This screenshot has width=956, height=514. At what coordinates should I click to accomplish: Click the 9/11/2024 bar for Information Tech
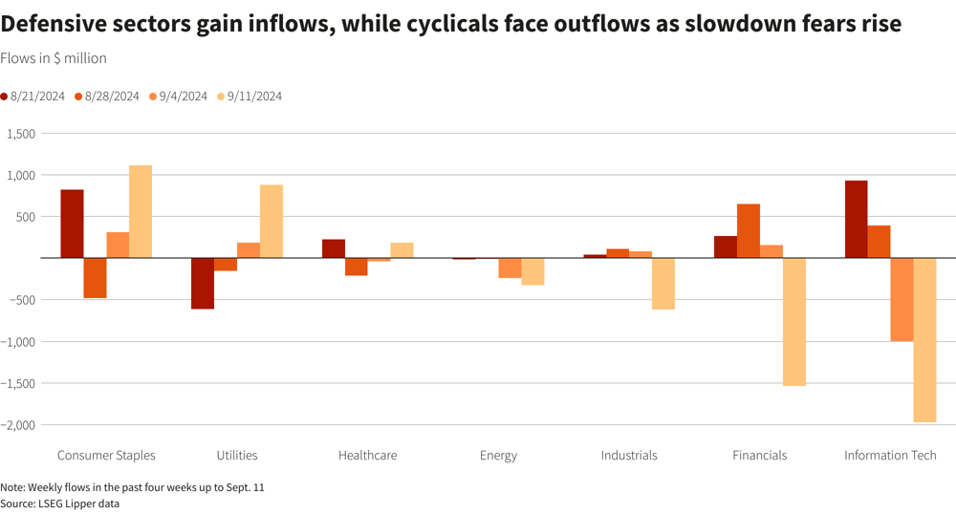924,340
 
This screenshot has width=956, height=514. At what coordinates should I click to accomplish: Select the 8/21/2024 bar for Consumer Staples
72,224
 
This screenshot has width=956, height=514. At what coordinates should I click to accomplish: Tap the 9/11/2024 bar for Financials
793,322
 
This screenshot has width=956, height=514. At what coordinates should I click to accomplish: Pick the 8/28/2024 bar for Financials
749,231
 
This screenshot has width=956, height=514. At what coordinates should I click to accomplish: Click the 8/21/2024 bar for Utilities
203,283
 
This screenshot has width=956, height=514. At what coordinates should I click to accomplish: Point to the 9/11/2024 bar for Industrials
663,284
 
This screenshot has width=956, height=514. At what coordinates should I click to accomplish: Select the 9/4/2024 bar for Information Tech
902,300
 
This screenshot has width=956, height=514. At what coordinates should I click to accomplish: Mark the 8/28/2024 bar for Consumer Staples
95,278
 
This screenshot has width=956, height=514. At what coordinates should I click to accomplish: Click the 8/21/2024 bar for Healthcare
334,248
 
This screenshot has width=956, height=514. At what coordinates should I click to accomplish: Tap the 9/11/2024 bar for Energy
532,271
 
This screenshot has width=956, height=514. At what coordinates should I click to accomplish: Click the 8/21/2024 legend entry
33,96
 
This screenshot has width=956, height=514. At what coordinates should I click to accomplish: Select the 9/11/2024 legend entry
250,96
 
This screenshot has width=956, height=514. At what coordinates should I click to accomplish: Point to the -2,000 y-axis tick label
18,425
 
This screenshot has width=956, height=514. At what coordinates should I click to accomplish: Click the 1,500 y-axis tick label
20,134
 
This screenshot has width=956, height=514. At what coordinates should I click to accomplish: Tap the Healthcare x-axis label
367,456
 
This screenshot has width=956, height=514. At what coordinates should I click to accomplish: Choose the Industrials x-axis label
629,456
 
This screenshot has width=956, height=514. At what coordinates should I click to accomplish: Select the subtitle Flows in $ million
54,58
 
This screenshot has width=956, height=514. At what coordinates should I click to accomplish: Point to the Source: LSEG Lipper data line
59,503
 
